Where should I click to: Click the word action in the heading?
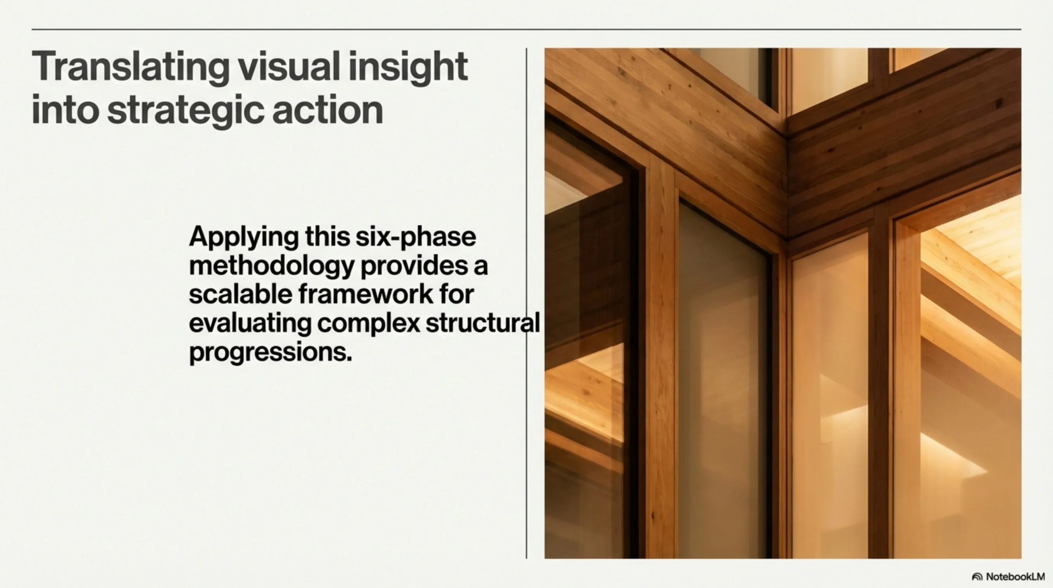pyautogui.click(x=328, y=109)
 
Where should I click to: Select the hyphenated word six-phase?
pyautogui.click(x=416, y=238)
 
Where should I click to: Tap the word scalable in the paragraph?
pyautogui.click(x=240, y=294)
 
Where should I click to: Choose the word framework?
pyautogui.click(x=366, y=294)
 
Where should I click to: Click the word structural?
pyautogui.click(x=483, y=323)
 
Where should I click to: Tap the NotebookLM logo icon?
pyautogui.click(x=977, y=577)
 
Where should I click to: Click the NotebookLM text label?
pyautogui.click(x=1016, y=577)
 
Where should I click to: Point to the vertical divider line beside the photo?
pyautogui.click(x=526, y=303)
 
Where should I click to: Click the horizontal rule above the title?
pyautogui.click(x=526, y=29)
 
